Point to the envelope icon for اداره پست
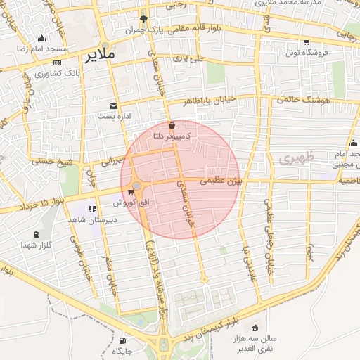[x=113, y=106]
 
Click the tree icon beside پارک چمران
[x=144, y=20]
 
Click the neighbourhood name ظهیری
[x=294, y=159]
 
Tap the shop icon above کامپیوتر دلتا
[x=173, y=124]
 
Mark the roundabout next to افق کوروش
[x=136, y=186]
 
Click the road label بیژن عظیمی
[x=222, y=181]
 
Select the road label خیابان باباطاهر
[x=217, y=101]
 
